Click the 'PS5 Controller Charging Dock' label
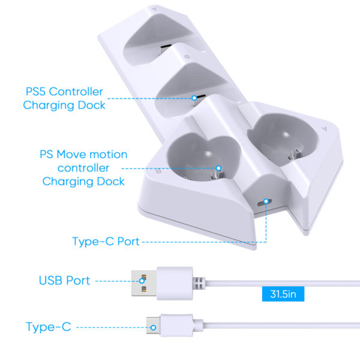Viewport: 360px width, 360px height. (x=64, y=98)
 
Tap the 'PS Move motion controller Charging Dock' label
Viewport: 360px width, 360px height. (x=83, y=168)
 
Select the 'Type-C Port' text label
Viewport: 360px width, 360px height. (x=106, y=241)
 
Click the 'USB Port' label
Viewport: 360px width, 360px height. (x=64, y=280)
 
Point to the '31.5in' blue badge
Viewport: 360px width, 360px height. (x=283, y=294)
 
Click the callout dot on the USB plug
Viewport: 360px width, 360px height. (x=142, y=281)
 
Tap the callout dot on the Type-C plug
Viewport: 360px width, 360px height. (x=153, y=328)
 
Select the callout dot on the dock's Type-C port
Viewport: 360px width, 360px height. (x=266, y=202)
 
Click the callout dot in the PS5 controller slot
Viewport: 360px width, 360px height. (x=194, y=98)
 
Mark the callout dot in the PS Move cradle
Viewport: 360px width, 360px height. (x=218, y=168)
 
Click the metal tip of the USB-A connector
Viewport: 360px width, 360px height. (x=144, y=283)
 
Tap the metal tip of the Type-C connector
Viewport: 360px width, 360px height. (x=154, y=325)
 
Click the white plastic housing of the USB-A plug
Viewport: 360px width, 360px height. (x=175, y=283)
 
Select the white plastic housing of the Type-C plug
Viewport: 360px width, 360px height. (x=177, y=325)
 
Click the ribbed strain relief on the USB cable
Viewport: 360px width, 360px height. (x=199, y=283)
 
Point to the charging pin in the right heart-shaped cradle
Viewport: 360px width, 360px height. (x=294, y=154)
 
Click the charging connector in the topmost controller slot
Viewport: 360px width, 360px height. (x=166, y=48)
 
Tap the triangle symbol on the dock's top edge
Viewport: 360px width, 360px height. (x=154, y=9)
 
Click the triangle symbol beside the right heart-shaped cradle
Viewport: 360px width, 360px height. (x=324, y=128)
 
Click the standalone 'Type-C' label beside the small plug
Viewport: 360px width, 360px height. (x=49, y=327)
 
